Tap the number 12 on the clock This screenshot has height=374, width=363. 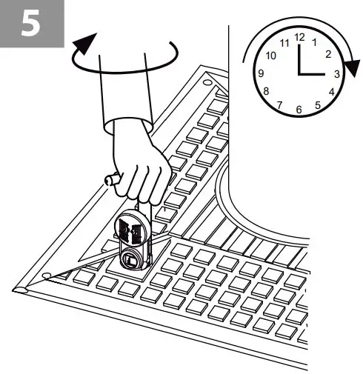pos(299,36)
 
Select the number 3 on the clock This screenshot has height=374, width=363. pos(337,74)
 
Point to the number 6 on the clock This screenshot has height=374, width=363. pos(299,110)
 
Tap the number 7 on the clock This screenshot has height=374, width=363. pos(280,105)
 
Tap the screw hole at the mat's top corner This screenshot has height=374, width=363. pos(207,79)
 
